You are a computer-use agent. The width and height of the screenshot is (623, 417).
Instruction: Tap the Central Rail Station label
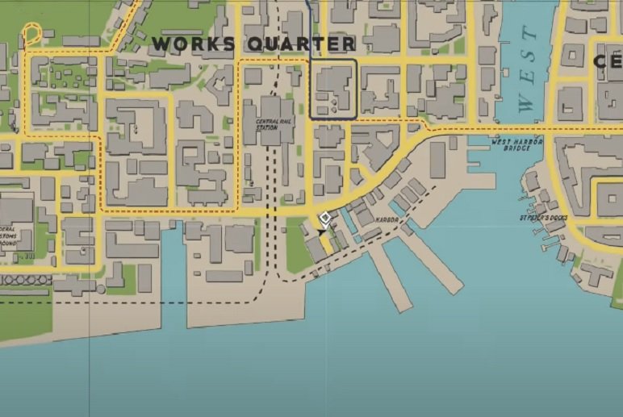click(x=267, y=124)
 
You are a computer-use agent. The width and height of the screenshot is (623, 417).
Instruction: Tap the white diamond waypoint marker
click(x=325, y=218)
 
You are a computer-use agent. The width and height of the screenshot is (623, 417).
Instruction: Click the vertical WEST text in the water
click(x=526, y=69)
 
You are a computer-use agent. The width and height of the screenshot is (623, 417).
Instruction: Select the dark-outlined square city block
click(x=332, y=89)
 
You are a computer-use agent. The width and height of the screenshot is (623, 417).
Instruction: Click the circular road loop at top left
click(x=31, y=34)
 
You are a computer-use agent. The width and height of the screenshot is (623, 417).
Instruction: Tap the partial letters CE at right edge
click(x=608, y=60)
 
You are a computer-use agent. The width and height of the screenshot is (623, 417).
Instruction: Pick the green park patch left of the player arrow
click(x=296, y=242)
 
